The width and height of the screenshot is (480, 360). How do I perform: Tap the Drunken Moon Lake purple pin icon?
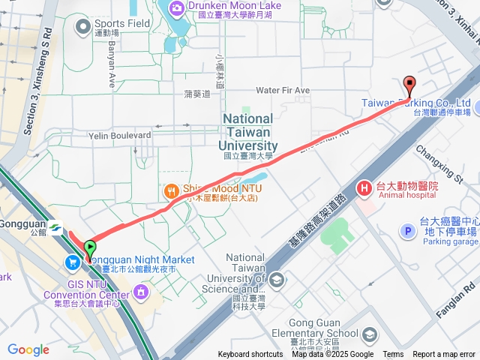tap(177, 8)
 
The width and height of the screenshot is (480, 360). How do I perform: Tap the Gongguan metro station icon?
tap(56, 226)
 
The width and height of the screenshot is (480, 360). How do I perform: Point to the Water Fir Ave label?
tap(283, 91)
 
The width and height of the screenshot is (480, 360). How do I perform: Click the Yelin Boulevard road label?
tap(120, 136)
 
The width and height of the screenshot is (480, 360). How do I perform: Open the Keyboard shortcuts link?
tap(250, 355)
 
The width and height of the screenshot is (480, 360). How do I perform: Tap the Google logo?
tap(28, 349)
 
